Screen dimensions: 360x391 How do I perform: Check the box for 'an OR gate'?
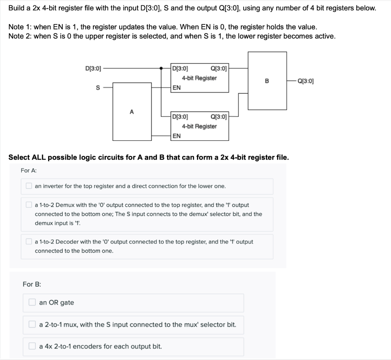pos(32,302)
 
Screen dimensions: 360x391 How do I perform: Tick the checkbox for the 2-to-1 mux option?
pos(32,324)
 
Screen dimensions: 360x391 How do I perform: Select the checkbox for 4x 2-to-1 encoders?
pos(32,346)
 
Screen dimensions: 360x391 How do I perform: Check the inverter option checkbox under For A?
pos(29,186)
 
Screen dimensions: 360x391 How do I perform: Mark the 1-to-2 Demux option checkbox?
pos(29,205)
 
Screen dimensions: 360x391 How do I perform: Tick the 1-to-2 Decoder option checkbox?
pos(29,242)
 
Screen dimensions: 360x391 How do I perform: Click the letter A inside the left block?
pos(132,112)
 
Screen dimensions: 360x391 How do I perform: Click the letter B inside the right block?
pos(267,81)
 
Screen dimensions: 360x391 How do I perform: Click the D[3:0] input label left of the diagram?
pos(93,69)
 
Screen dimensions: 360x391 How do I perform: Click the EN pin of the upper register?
pos(176,87)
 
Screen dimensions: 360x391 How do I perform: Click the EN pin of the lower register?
pos(176,136)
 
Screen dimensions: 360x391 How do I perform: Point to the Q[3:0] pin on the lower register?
pos(218,117)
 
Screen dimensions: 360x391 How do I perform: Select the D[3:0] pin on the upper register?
pos(180,69)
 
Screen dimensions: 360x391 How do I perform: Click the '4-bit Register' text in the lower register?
pos(199,126)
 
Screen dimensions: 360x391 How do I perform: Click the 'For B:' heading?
pos(32,284)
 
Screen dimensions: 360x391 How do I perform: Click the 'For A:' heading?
pos(29,170)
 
